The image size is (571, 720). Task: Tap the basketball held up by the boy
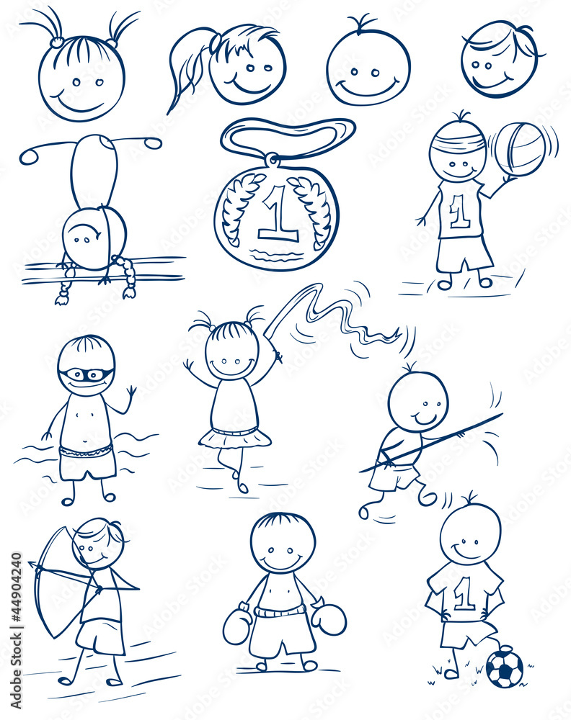pyautogui.click(x=520, y=149)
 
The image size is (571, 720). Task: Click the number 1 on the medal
pyautogui.click(x=277, y=214)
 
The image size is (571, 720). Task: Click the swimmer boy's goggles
pyautogui.click(x=86, y=375)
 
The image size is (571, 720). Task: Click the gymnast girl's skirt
pyautogui.click(x=235, y=437)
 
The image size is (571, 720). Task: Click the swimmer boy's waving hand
pyautogui.click(x=131, y=393)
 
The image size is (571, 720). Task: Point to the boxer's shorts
pyautogui.click(x=282, y=634)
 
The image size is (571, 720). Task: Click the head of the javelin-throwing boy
pyautogui.click(x=417, y=402)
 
